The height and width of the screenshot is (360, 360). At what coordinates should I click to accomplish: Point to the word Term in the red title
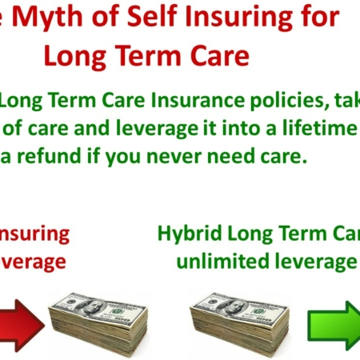(151, 55)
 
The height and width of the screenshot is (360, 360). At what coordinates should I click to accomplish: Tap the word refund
(72, 156)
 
